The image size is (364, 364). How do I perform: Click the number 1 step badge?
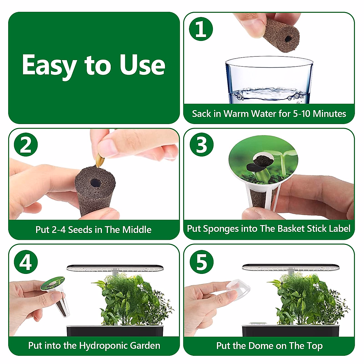point(201,29)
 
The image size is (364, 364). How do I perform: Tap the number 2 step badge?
point(26,145)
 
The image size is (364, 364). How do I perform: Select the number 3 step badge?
point(201,145)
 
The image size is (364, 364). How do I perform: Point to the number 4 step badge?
point(26,262)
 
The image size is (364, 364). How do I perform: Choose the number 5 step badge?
point(201,262)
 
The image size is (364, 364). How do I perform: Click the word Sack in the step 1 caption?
point(201,114)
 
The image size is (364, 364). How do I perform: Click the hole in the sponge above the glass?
point(288,39)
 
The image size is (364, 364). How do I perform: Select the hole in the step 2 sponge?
point(95,183)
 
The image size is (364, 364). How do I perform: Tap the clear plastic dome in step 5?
point(238,289)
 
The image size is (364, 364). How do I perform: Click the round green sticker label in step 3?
point(263,160)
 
